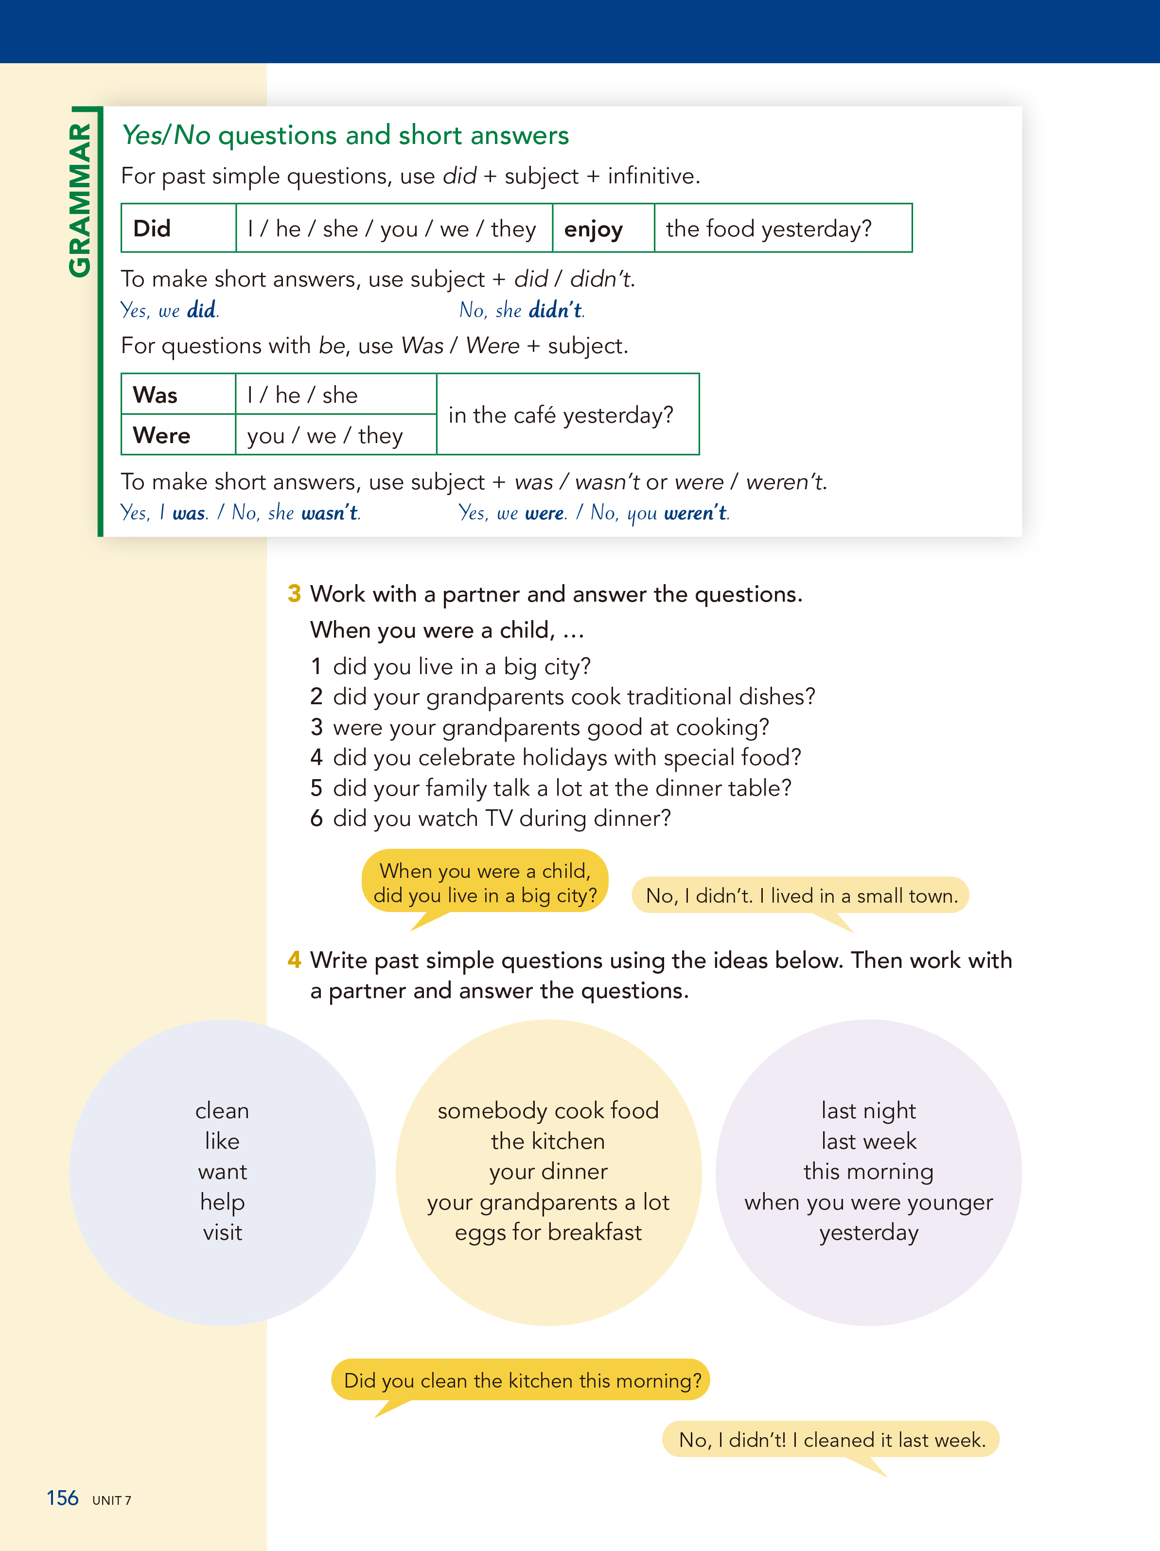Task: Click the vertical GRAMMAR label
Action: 80,200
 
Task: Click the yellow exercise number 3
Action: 295,594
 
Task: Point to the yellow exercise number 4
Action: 295,959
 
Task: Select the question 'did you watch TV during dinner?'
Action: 501,818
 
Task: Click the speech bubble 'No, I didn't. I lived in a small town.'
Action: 800,895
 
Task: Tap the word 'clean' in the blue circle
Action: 222,1111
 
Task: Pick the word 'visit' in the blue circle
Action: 222,1232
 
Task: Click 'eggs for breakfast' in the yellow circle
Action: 548,1232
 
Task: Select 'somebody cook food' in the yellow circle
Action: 548,1111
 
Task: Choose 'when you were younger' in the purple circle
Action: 868,1202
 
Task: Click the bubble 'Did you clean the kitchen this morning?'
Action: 522,1380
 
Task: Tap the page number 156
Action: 62,1498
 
